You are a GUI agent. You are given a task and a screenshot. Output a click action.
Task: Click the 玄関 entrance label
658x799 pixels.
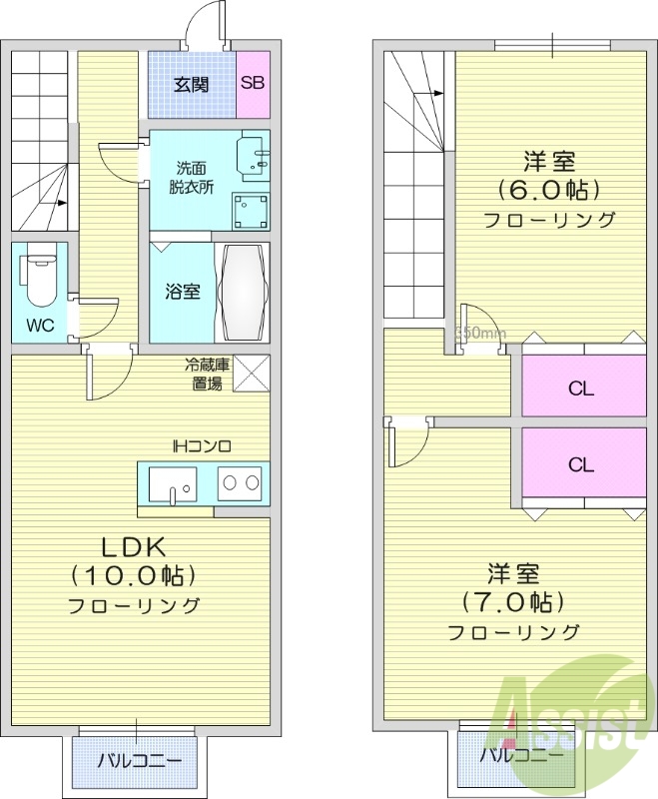[192, 84]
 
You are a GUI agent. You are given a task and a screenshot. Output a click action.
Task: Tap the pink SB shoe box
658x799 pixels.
[253, 84]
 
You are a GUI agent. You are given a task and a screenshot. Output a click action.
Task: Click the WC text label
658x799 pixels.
[39, 326]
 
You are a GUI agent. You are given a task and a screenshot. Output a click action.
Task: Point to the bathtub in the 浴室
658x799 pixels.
[243, 292]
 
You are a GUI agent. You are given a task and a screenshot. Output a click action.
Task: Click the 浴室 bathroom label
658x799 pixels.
[182, 292]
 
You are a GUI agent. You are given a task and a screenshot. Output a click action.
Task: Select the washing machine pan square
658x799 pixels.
[252, 211]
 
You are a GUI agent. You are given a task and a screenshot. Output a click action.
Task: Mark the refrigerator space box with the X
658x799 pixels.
[252, 374]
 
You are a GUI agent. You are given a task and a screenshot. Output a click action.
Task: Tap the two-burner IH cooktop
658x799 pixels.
[241, 483]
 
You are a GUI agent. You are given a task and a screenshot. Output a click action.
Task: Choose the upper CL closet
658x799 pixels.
[582, 389]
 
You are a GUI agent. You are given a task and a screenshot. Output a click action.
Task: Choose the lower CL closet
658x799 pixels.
[582, 464]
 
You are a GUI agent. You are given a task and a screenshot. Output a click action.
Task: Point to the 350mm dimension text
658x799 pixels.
[480, 334]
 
